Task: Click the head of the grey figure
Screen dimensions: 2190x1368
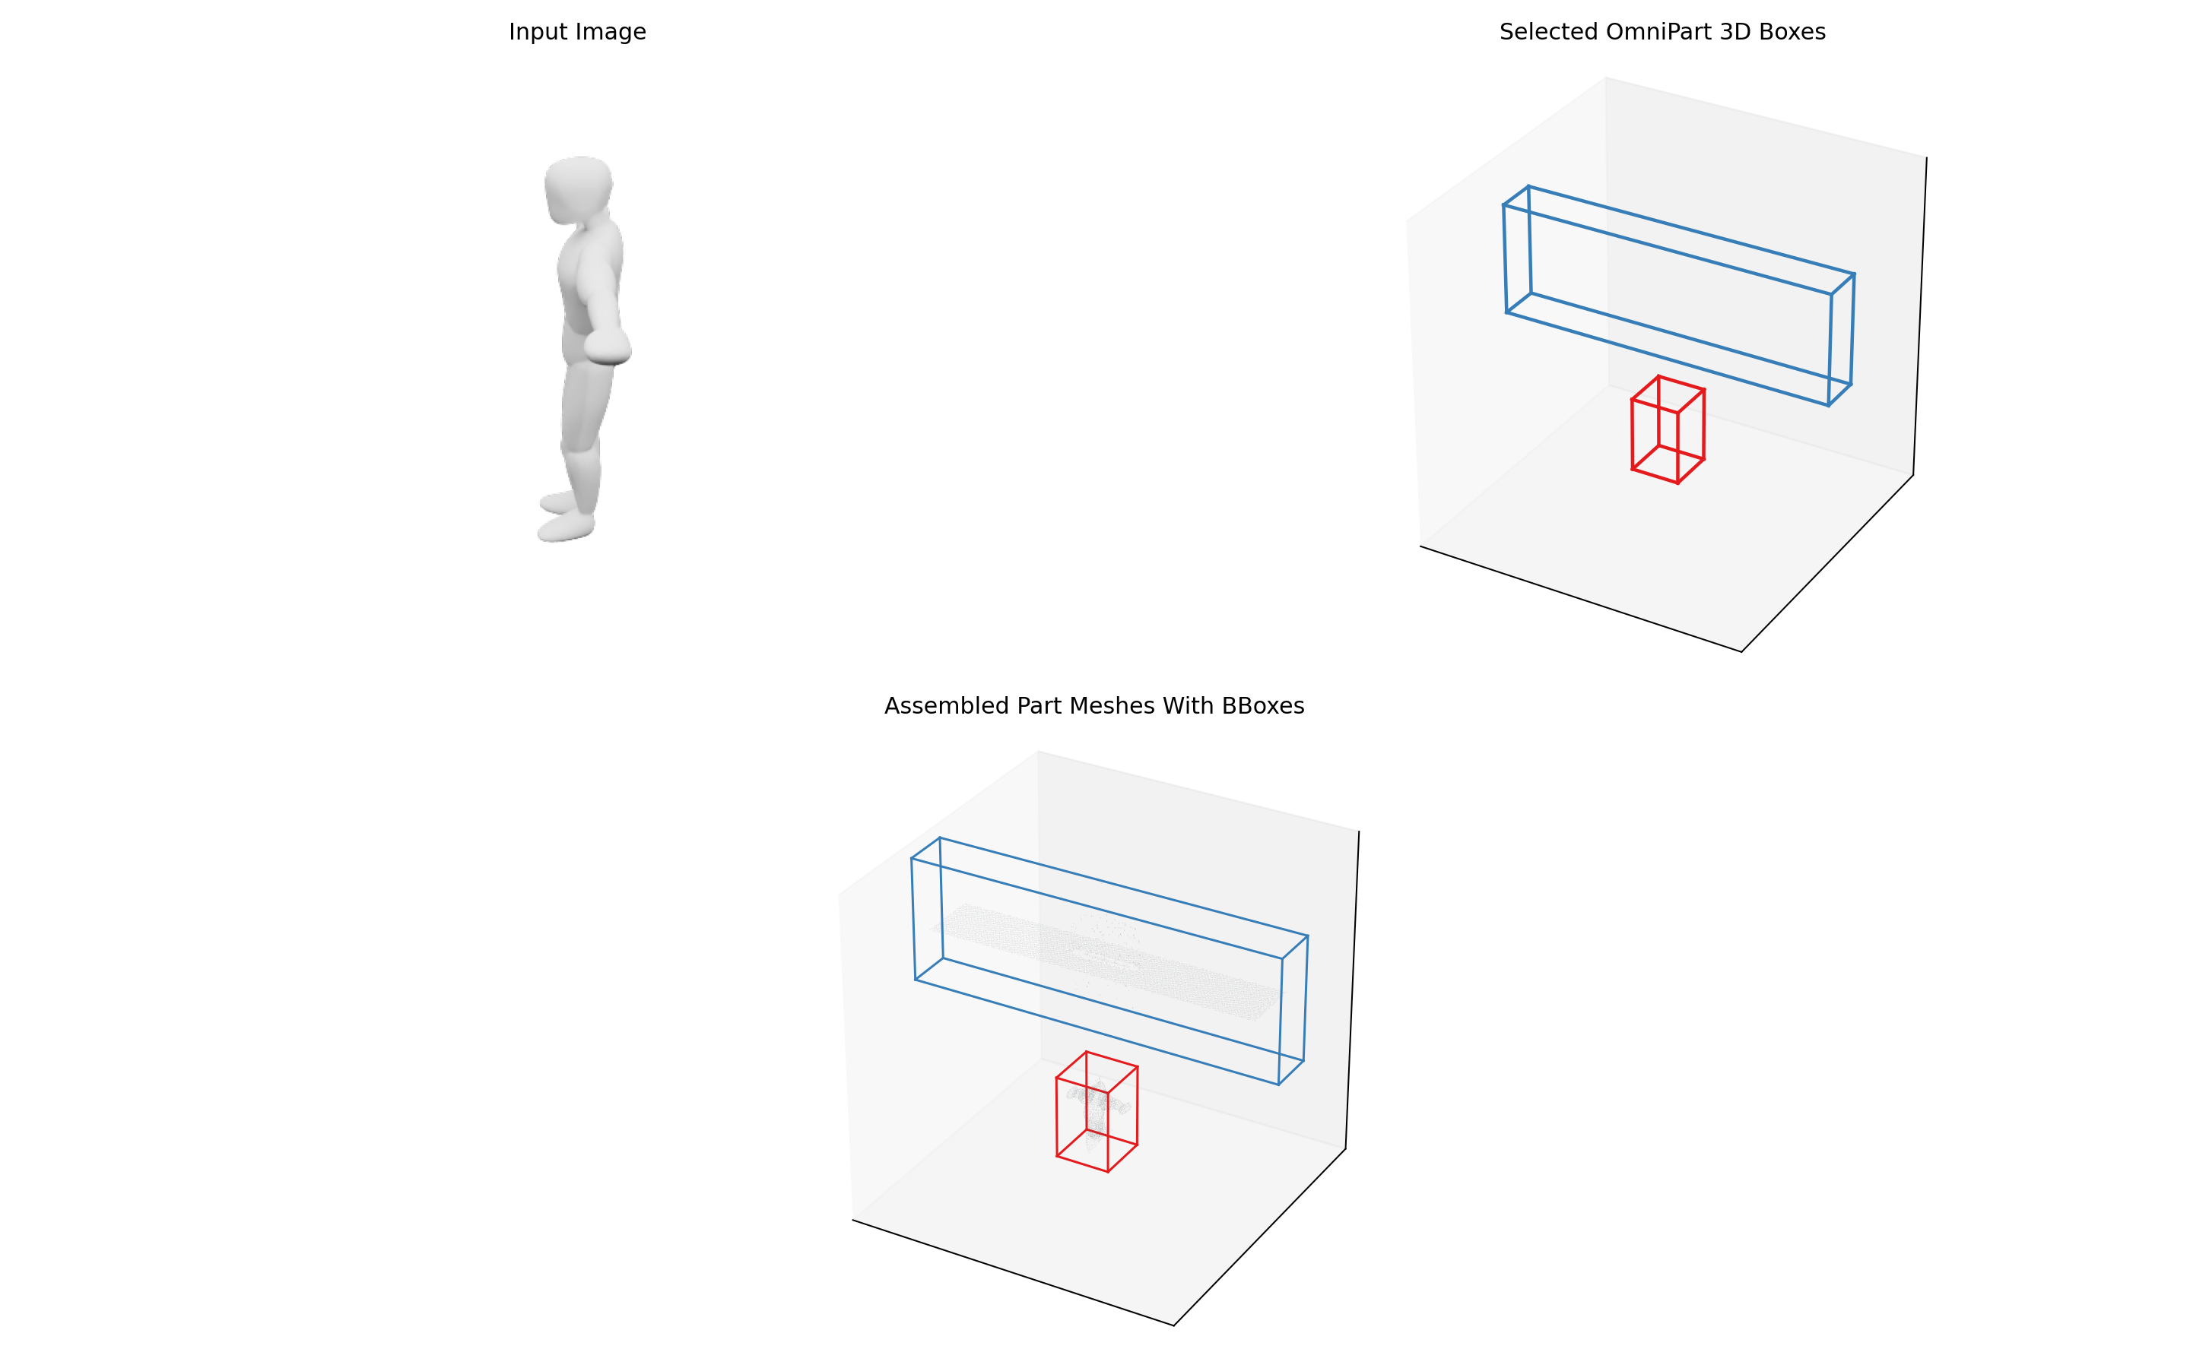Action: pos(578,188)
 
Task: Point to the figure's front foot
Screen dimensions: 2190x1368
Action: pos(566,527)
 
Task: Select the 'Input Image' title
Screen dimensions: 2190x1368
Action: pos(577,32)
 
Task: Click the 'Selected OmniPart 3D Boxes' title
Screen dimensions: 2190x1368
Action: pos(1662,32)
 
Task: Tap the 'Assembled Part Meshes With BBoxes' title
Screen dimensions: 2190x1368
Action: pos(1094,706)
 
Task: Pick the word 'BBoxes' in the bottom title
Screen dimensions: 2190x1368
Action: pos(1262,706)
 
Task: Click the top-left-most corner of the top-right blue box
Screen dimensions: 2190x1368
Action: pos(1504,205)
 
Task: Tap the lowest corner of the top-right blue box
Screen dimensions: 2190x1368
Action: pos(1829,405)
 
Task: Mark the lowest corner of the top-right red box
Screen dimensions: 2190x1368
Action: pos(1677,483)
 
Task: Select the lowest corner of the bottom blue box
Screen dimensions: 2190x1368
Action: pos(1279,1084)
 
